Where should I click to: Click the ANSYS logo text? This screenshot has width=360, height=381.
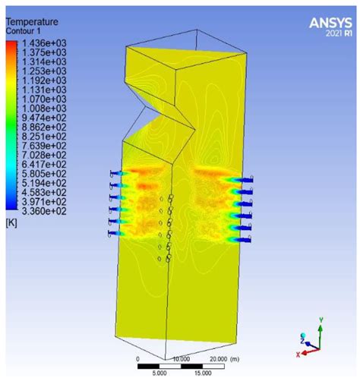coord(330,23)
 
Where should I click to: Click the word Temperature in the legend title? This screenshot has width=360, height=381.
coord(32,22)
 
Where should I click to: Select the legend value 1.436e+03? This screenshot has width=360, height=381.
coord(44,43)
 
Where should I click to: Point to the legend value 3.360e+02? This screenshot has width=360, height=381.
coord(44,211)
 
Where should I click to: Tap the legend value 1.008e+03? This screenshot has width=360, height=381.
coord(44,109)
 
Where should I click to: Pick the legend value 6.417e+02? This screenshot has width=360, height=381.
coord(44,165)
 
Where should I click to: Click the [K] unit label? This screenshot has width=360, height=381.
coord(11,223)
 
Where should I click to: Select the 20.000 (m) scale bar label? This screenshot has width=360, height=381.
coord(225,359)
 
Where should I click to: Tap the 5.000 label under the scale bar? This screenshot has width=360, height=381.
coord(159,373)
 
